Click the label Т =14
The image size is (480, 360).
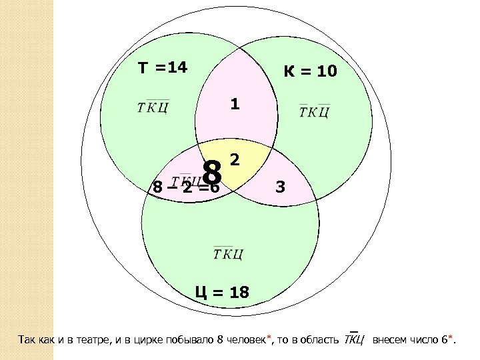(163, 68)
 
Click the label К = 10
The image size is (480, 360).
(310, 71)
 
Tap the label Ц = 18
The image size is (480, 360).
(222, 291)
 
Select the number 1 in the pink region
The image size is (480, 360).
(234, 105)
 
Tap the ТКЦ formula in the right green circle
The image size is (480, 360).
(314, 111)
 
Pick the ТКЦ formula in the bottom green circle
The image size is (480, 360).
(228, 253)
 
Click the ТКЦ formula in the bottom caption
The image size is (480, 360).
(353, 341)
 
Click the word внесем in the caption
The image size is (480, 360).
(388, 341)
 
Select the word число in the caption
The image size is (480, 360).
(423, 341)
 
